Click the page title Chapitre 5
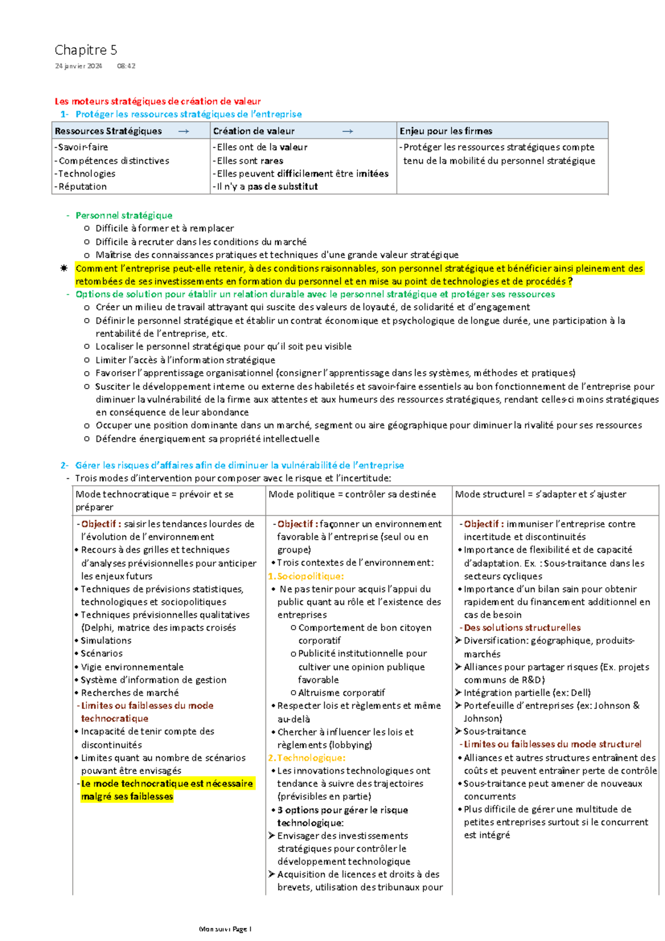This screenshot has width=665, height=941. [x=85, y=50]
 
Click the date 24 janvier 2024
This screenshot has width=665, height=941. [x=78, y=66]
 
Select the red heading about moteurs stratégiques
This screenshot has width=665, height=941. [x=157, y=101]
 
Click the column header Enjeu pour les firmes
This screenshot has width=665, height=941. [x=446, y=131]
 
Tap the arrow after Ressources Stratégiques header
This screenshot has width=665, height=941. [x=183, y=131]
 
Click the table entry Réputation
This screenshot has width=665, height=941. [x=81, y=187]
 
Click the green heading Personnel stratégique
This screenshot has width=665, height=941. [x=124, y=215]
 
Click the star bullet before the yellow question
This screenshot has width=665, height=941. [x=64, y=269]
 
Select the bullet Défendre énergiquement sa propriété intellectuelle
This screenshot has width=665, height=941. [x=207, y=439]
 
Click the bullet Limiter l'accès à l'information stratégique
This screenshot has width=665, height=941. [x=185, y=360]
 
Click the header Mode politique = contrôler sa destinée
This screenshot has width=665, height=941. [x=352, y=494]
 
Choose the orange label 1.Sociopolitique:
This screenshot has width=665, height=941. [x=306, y=576]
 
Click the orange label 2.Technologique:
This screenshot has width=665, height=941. [x=306, y=758]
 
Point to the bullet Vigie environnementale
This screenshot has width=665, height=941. [x=132, y=667]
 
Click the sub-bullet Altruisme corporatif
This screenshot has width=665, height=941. [x=341, y=693]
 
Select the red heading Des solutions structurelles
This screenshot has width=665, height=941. [x=521, y=628]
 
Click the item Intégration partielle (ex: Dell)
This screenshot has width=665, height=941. [x=526, y=693]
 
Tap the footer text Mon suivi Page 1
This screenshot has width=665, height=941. [x=225, y=929]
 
